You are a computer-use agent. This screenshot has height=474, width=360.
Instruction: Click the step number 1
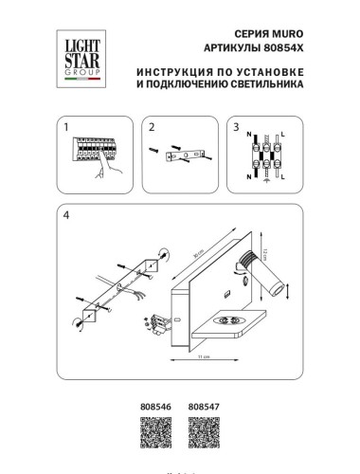(65, 125)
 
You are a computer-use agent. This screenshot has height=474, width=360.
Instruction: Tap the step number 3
(236, 125)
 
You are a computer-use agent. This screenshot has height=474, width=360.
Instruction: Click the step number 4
(65, 213)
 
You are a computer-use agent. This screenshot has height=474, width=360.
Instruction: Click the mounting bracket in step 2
(184, 155)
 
